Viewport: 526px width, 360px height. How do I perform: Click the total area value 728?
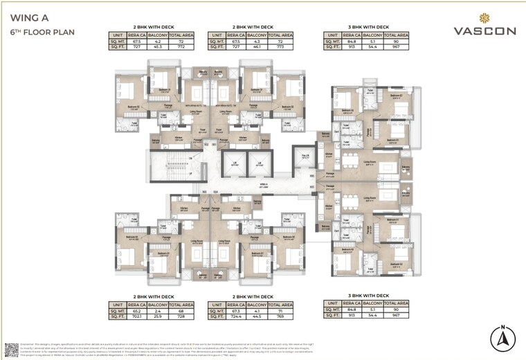point(181,316)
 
